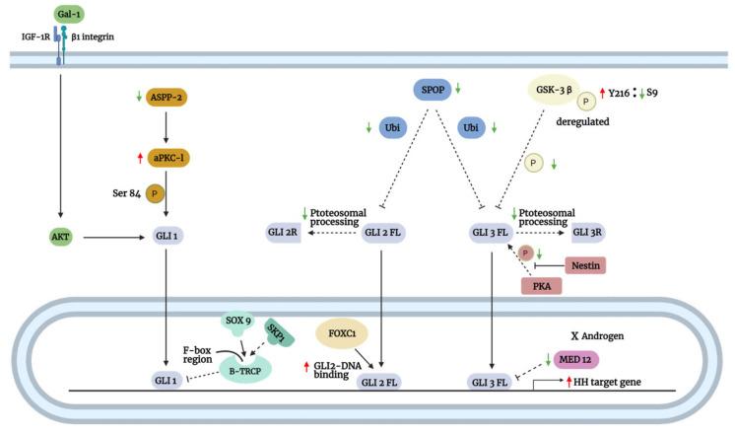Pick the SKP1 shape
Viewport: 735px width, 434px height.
278,338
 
